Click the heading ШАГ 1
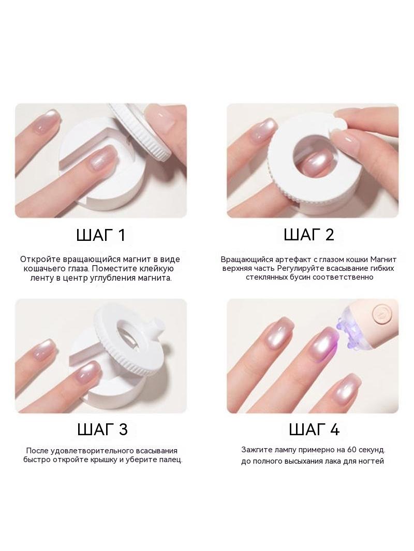[x=100, y=235]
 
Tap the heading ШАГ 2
[x=309, y=234]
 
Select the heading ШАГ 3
[x=102, y=430]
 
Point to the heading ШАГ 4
[x=314, y=430]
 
